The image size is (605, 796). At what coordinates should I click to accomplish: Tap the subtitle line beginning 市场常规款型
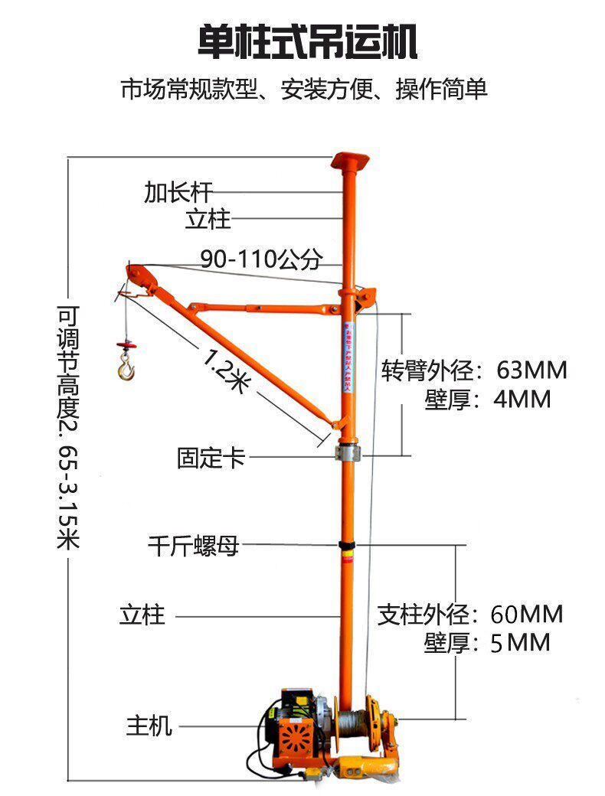[x=303, y=90]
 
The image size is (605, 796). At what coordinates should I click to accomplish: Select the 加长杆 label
[x=178, y=191]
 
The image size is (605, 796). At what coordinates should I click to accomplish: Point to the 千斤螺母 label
[x=193, y=546]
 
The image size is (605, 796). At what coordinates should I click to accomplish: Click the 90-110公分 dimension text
[x=260, y=259]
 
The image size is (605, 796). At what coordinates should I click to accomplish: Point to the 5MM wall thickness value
[x=520, y=643]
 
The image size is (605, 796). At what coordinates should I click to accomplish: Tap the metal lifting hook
[x=124, y=370]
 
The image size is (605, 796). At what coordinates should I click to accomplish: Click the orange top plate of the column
[x=350, y=161]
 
